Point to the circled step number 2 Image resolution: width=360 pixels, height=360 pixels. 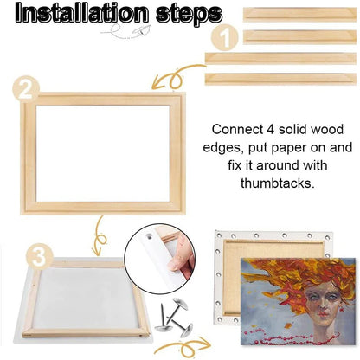coord(28,87)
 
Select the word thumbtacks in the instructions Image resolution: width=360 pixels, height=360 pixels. coord(281,184)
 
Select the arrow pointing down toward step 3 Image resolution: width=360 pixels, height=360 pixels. coord(99,232)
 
